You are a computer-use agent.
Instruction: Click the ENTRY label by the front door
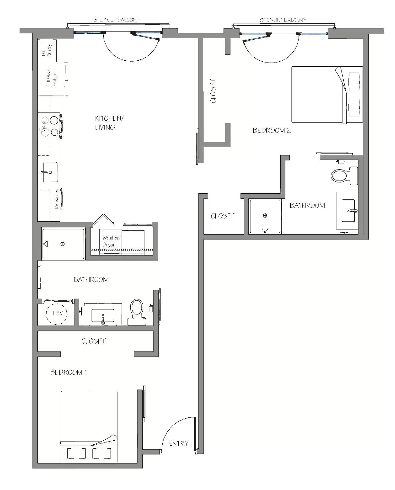pos(178,443)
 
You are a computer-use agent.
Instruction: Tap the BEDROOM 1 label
pos(69,372)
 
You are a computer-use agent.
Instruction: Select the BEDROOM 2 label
pos(272,130)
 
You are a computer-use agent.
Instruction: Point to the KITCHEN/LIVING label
pos(109,123)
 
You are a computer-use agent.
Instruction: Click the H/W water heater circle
pos(57,314)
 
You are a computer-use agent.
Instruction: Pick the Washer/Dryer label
pos(111,241)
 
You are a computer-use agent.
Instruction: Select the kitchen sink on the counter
pos(50,172)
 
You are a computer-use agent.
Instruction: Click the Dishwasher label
pos(56,198)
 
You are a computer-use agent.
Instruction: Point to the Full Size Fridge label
pos(51,78)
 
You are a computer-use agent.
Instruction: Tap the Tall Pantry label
pos(47,50)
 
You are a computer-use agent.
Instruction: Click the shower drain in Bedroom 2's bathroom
pos(265,215)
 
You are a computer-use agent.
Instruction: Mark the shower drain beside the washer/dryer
pos(62,244)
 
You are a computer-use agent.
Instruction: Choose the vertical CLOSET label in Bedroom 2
pos(213,91)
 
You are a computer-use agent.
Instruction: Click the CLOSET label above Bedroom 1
pos(93,341)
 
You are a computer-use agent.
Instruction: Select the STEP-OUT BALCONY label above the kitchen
pos(116,20)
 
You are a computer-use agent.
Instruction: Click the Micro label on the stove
pos(44,127)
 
